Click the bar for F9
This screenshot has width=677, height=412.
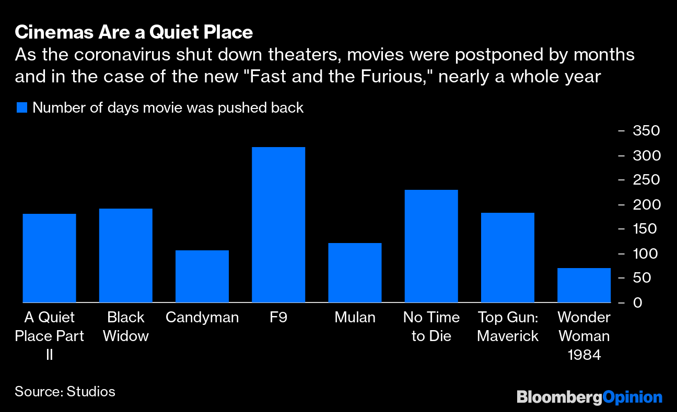click(278, 225)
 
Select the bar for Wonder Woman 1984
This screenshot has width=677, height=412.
click(583, 285)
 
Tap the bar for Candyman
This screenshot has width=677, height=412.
click(202, 276)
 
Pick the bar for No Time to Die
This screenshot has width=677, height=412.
click(431, 246)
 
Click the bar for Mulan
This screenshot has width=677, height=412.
click(355, 273)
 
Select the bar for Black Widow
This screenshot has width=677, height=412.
click(125, 256)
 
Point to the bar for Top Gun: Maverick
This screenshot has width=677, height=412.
click(507, 258)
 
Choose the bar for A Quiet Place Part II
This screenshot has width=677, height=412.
click(49, 258)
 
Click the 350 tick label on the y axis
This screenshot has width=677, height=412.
click(646, 131)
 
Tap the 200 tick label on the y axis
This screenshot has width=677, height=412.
click(646, 204)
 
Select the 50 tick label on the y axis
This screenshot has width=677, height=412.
click(643, 278)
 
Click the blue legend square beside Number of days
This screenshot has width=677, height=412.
click(21, 108)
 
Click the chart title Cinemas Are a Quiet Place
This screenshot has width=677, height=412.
click(134, 33)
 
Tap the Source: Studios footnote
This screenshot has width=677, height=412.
click(65, 392)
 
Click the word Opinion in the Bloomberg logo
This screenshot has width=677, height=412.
click(632, 397)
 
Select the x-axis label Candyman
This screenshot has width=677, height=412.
click(202, 318)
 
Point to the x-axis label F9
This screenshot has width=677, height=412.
click(278, 318)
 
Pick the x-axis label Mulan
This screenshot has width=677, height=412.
click(355, 318)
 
